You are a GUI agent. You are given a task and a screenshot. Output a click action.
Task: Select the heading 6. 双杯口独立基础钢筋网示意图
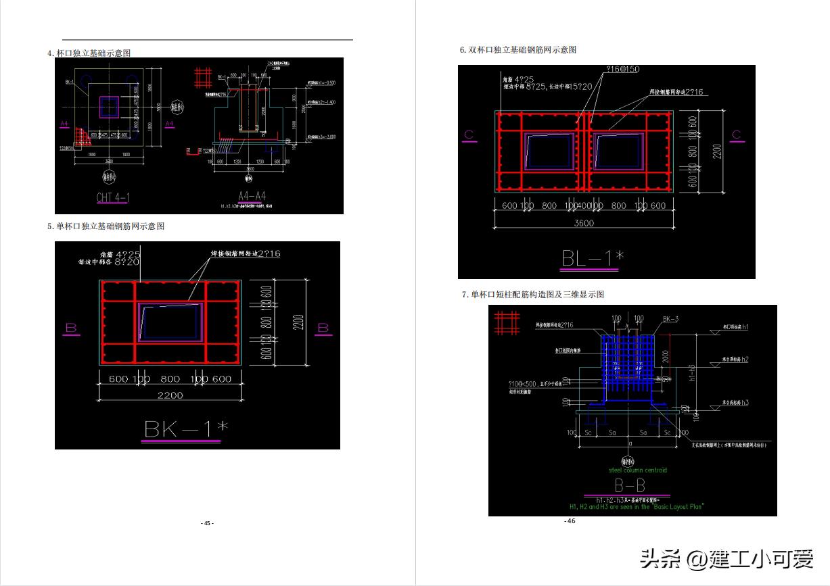[x=517, y=50]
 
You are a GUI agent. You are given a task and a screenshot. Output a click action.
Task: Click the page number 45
[x=207, y=523]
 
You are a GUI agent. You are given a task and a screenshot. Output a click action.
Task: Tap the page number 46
[x=570, y=521]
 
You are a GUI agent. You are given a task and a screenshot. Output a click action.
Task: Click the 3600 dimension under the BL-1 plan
[x=584, y=223]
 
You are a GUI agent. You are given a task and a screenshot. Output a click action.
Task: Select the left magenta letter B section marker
[x=72, y=328]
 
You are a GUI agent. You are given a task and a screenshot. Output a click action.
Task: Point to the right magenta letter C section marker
[x=736, y=135]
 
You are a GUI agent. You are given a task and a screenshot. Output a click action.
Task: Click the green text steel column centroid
[x=637, y=470]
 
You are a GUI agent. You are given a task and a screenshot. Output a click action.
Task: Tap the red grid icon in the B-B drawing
[x=507, y=322]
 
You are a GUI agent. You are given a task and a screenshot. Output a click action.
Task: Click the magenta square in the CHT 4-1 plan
[x=109, y=107]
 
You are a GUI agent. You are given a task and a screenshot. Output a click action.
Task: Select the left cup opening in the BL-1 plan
[x=549, y=151]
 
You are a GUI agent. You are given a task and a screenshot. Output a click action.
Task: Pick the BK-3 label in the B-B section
[x=670, y=318]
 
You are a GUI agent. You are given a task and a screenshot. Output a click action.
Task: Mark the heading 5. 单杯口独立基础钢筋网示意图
[x=106, y=226]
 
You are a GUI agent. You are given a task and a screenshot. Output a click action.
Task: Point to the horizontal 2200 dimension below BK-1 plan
[x=170, y=395]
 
